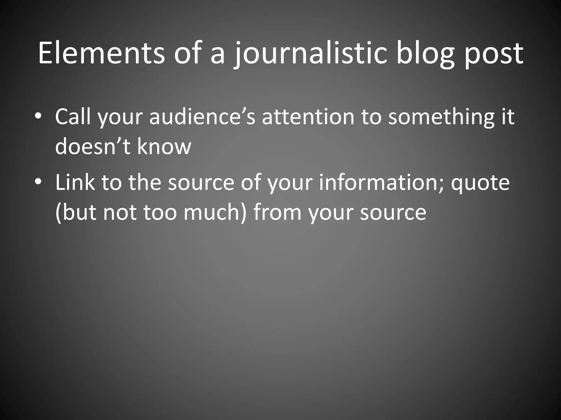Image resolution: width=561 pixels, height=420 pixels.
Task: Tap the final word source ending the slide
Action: point(393,212)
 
